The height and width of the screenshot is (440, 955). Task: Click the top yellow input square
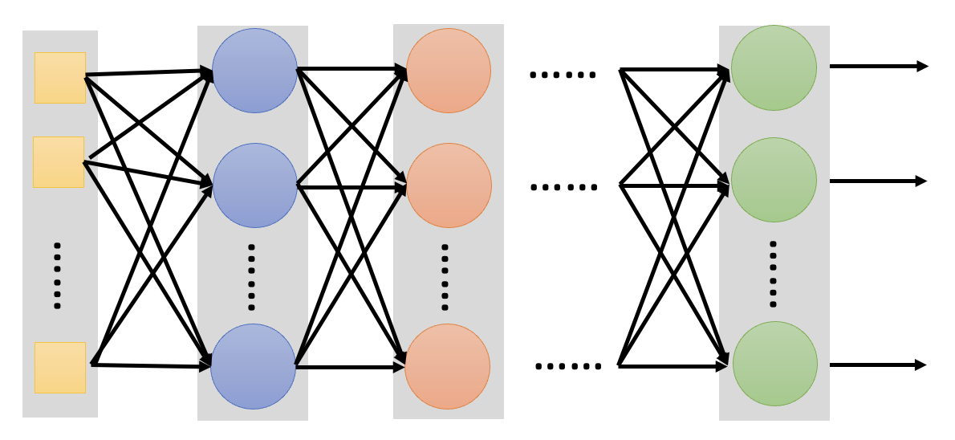(x=60, y=78)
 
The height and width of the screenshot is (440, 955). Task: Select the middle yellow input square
(x=59, y=161)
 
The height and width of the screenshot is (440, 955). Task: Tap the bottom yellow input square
(x=60, y=367)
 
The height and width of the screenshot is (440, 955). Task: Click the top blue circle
(x=255, y=71)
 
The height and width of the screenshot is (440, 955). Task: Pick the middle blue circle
(x=255, y=185)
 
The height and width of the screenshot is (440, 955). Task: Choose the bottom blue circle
(x=254, y=366)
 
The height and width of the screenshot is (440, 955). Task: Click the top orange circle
(x=449, y=71)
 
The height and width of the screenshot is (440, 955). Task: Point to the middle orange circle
(x=449, y=185)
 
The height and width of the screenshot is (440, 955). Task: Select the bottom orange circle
(x=447, y=366)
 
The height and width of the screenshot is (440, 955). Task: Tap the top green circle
(x=774, y=67)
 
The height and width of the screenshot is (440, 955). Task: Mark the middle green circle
(x=774, y=180)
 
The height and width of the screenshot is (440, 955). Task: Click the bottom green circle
(x=774, y=364)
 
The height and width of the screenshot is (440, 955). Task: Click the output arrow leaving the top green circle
(x=878, y=67)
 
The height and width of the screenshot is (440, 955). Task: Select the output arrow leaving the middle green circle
(x=878, y=181)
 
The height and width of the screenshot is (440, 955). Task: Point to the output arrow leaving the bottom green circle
(x=878, y=365)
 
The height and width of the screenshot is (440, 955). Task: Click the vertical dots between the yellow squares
(x=57, y=275)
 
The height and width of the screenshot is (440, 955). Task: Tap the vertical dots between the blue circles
(x=251, y=277)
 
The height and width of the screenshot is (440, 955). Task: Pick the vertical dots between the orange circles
(x=445, y=277)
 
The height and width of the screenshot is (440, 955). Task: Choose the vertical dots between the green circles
(x=773, y=273)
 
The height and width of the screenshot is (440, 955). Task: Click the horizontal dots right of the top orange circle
(x=563, y=75)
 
